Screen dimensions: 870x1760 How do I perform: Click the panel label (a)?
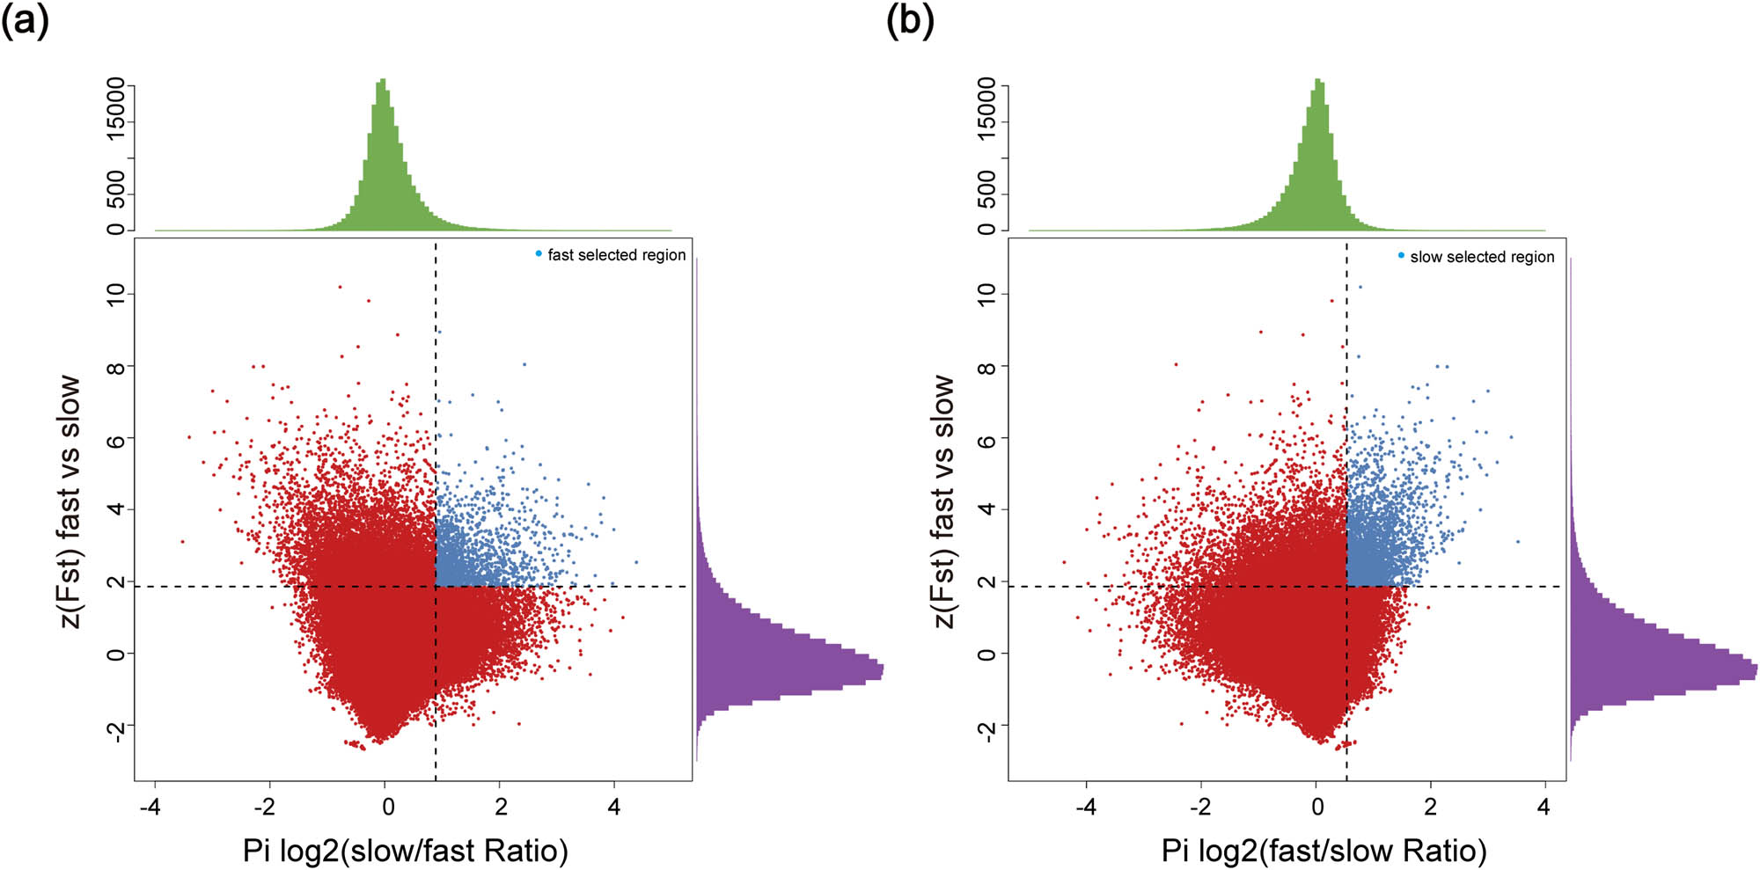pos(25,21)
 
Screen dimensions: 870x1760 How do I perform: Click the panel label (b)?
pos(910,21)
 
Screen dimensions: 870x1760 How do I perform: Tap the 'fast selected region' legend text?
pos(616,255)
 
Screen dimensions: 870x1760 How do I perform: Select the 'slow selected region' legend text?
pos(1482,257)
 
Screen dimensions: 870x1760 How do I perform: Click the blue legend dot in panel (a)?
pos(539,253)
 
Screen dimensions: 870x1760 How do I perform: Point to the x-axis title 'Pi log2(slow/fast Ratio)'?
pos(406,851)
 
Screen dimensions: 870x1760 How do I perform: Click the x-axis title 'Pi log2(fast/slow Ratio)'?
pos(1324,851)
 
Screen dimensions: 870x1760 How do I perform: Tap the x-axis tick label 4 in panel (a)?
pos(614,807)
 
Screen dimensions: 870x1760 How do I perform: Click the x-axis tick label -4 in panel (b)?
pos(1087,807)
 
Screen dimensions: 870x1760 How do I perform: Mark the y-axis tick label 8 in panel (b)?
pos(987,366)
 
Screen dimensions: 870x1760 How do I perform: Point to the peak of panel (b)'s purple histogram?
pos(1756,671)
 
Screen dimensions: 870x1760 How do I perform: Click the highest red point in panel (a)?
pos(340,287)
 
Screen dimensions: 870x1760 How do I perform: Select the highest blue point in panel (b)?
pos(1360,287)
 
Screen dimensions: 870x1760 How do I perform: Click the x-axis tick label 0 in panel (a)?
pos(388,807)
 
